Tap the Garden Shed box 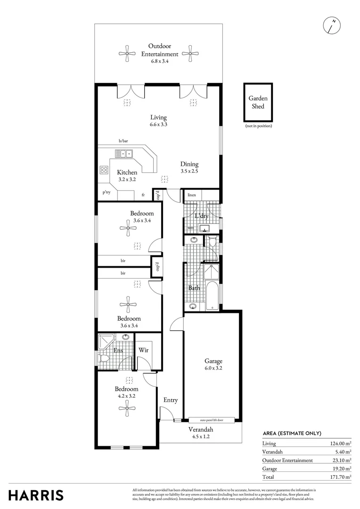tap(258, 103)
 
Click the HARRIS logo tap(36, 495)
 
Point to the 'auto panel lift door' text tap(212, 419)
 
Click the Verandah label tap(201, 430)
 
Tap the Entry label tap(171, 400)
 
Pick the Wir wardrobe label tap(143, 350)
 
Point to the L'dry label tap(202, 216)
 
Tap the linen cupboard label tap(191, 195)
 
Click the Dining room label tap(189, 164)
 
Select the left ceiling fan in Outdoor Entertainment tap(127, 53)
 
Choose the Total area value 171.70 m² tap(340, 477)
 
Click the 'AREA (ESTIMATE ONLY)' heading tap(292, 434)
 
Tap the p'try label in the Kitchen tap(106, 192)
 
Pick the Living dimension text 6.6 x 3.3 tap(158, 125)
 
